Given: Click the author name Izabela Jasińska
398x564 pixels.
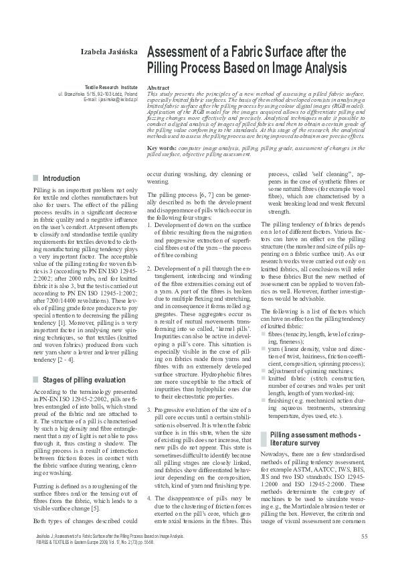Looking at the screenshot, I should [x=109, y=52].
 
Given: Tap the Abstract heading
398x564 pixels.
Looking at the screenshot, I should [x=158, y=88].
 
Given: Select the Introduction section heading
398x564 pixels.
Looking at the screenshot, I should [x=62, y=179].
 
